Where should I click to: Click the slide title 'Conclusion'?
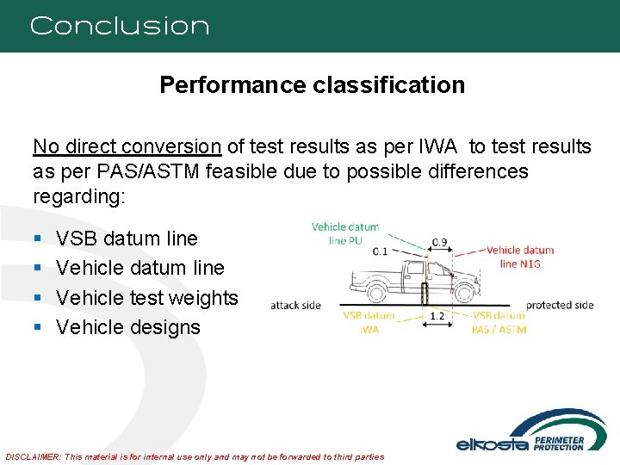click(120, 26)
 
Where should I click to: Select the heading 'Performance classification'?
click(312, 85)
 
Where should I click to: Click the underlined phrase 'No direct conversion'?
click(127, 146)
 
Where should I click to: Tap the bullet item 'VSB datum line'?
click(127, 239)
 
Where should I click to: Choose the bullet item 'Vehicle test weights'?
click(146, 298)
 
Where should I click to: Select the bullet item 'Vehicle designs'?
click(127, 327)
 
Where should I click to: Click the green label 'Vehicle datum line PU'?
click(344, 233)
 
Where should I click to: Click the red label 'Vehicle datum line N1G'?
click(520, 256)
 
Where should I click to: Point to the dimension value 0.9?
click(438, 243)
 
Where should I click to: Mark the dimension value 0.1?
click(380, 251)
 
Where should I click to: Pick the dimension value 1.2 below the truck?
click(437, 316)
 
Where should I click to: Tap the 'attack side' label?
click(295, 305)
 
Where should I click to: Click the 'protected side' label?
click(561, 305)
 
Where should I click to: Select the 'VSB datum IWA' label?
click(369, 322)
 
